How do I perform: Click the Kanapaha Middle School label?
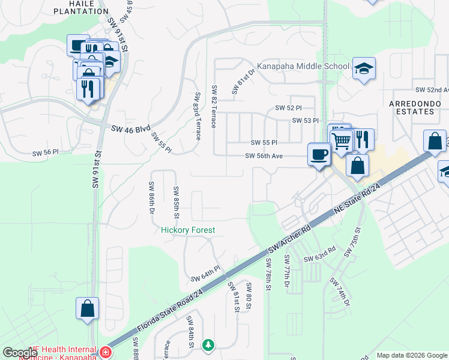coord(303,66)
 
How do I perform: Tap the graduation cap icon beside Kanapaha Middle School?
coord(364,68)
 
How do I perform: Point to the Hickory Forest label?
coord(188,230)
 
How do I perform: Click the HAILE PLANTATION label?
coord(74,7)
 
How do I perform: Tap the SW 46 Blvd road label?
coord(130,128)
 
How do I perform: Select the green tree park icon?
coord(208,345)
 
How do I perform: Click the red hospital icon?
coord(106,351)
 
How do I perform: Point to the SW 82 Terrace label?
coord(214,106)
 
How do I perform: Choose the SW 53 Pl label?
coord(305,121)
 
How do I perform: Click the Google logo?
coord(19,352)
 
